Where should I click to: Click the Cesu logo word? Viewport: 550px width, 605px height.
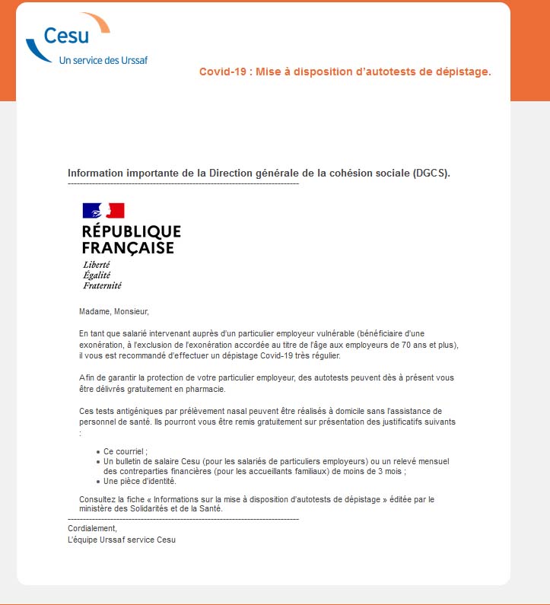(x=66, y=35)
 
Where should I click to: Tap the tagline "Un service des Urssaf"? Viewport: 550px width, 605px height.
(x=103, y=60)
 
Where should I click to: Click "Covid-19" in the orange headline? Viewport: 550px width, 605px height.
(x=221, y=72)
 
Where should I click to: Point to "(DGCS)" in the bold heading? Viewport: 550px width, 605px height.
(x=432, y=173)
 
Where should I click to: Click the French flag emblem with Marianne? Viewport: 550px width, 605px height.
(x=103, y=211)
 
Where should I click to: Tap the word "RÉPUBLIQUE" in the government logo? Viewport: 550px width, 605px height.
(x=132, y=231)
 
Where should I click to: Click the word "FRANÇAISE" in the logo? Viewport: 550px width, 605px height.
(x=128, y=248)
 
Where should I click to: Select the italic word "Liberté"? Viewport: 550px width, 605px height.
(x=97, y=265)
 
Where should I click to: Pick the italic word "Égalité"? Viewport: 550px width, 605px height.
(x=97, y=275)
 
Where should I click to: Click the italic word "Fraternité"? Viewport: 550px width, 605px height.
(x=103, y=286)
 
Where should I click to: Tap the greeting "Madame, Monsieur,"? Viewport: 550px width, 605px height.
(x=114, y=311)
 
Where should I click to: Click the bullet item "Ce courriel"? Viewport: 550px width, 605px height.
(x=125, y=451)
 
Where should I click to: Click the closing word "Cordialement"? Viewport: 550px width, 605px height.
(x=92, y=528)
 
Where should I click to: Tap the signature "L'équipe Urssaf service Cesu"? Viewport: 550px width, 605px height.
(x=122, y=540)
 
